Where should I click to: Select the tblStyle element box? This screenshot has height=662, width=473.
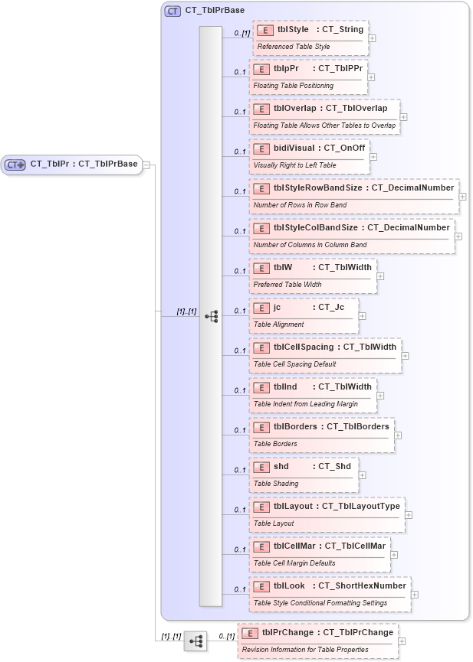(310, 38)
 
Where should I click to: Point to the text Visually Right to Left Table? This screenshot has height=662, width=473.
(294, 165)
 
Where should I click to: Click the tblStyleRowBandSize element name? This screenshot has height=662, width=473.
(315, 188)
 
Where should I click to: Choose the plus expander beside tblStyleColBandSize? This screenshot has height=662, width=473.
(458, 236)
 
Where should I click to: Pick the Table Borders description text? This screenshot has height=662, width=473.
(275, 444)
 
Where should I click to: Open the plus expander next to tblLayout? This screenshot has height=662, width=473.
(409, 515)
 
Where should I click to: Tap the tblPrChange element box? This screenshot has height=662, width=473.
(318, 641)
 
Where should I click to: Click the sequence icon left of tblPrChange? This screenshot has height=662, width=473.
(195, 641)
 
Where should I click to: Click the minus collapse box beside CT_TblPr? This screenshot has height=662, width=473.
(146, 164)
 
